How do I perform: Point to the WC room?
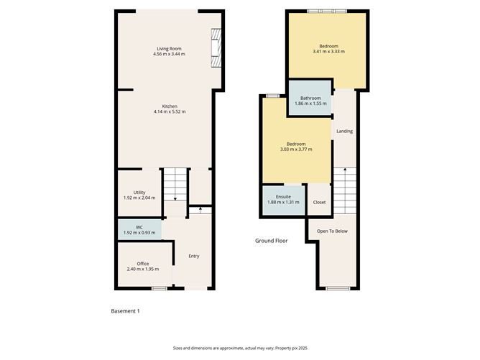[139, 229]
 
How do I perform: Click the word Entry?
[194, 256]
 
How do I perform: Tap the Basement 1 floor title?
[125, 310]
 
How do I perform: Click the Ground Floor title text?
[272, 241]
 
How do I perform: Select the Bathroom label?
[310, 98]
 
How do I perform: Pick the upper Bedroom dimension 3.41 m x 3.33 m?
[328, 52]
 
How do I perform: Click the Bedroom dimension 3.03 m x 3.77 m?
[296, 149]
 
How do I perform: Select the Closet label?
[319, 202]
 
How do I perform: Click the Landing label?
[345, 131]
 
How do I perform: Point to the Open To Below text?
[333, 231]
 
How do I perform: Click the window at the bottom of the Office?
[158, 288]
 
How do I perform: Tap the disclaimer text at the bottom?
[239, 346]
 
